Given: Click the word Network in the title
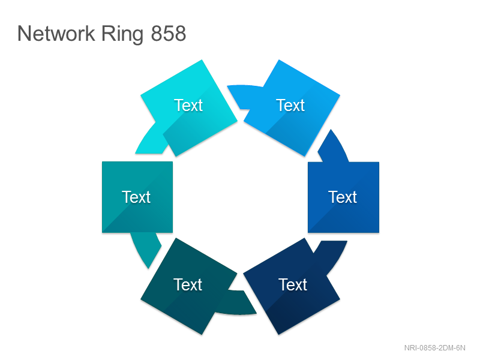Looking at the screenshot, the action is (x=56, y=34).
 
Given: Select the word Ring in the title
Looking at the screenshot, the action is (x=122, y=34).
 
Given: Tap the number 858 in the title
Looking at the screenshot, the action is (x=169, y=34).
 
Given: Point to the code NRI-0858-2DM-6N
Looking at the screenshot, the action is (x=434, y=348).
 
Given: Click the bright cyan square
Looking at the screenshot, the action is (x=189, y=108).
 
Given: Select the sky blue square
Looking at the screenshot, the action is (x=292, y=108).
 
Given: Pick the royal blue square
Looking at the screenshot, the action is (x=343, y=197).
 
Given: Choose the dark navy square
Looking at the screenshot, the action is (x=292, y=286).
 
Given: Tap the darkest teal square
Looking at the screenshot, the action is (x=189, y=286).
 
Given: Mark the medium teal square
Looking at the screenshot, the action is (x=137, y=197).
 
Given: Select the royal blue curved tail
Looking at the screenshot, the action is (x=333, y=147).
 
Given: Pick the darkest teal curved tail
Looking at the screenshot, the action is (x=242, y=303).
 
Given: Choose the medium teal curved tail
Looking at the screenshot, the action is (x=146, y=248).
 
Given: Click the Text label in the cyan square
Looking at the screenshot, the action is (x=188, y=106).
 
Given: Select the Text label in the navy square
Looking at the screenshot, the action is (x=293, y=284).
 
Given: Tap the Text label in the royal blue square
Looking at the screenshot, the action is (x=343, y=197).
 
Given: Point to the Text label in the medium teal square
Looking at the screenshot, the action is (x=136, y=197).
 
